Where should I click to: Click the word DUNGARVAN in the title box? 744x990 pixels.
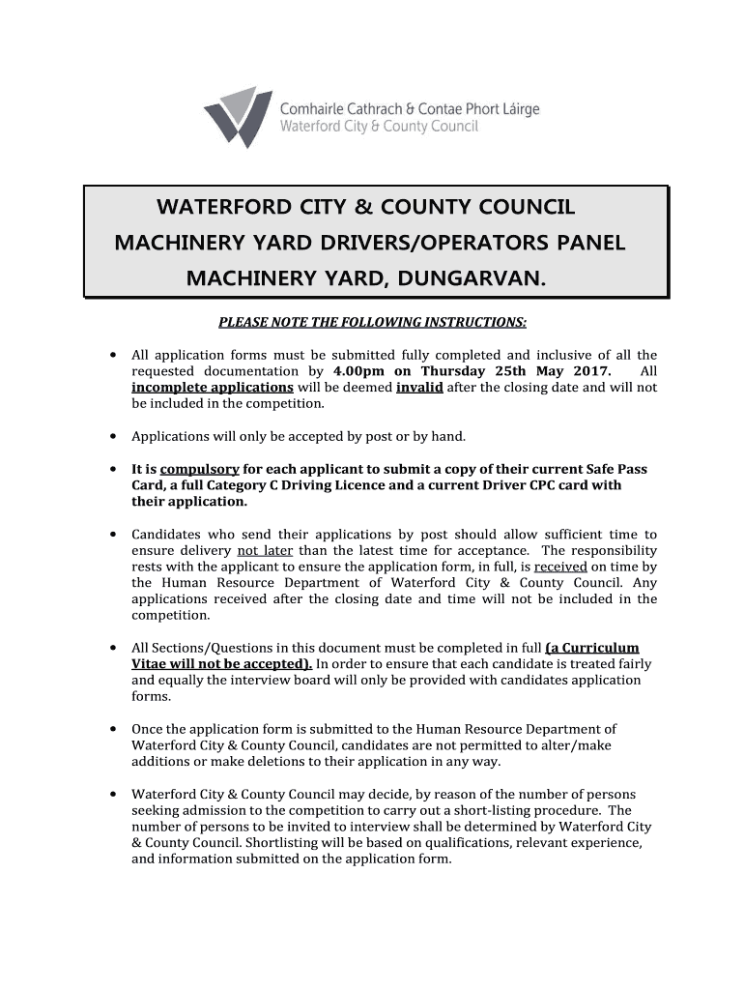click(464, 279)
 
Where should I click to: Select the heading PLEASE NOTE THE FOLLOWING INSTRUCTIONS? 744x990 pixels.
click(372, 322)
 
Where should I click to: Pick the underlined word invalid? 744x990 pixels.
click(419, 388)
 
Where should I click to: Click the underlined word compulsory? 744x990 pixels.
click(199, 469)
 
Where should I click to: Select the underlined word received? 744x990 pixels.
click(560, 567)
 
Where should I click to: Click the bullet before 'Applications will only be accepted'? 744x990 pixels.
click(115, 436)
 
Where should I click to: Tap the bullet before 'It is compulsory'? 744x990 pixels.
click(115, 469)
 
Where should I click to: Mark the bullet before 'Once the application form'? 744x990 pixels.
click(115, 729)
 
